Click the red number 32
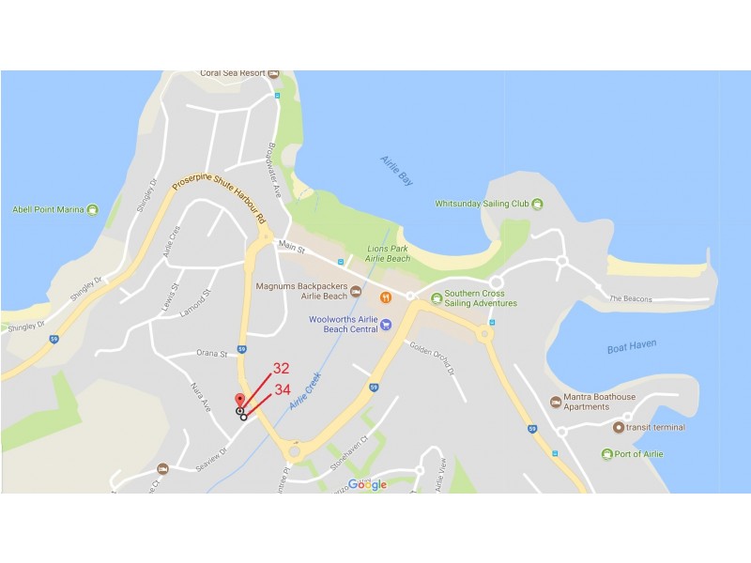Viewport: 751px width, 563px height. (x=282, y=369)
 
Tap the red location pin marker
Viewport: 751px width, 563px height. (x=239, y=401)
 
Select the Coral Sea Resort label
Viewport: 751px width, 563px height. (x=233, y=73)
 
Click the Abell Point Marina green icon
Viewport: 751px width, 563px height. (x=92, y=209)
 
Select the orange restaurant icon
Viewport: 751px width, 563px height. (x=385, y=298)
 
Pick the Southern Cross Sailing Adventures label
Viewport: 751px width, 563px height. (x=481, y=298)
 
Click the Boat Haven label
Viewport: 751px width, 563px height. (x=629, y=348)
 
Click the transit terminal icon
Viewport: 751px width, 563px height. (x=618, y=428)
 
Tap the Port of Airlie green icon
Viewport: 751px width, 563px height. (x=607, y=454)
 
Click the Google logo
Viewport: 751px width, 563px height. (x=367, y=484)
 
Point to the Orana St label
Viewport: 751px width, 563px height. (x=211, y=354)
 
